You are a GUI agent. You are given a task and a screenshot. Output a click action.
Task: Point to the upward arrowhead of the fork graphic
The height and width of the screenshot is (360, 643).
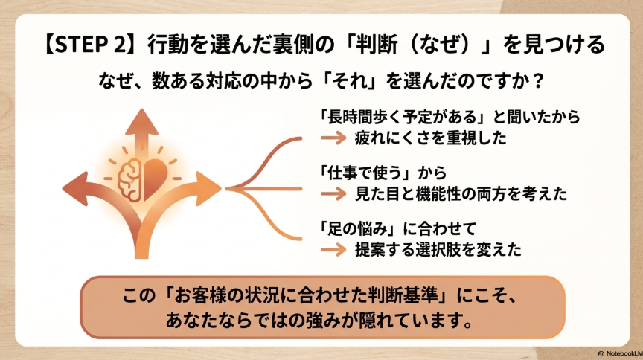141,122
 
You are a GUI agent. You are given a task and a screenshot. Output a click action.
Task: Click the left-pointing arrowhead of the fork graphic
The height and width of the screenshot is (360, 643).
75,189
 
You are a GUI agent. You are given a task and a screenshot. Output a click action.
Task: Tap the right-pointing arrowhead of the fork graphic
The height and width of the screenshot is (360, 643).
208,189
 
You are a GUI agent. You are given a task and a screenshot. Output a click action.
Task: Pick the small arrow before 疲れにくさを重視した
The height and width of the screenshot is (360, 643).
333,138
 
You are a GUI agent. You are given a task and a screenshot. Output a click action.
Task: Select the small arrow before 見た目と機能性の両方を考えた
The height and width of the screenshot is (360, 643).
333,193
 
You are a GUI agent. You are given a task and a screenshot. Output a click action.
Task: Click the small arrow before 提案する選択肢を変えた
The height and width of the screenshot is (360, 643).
333,249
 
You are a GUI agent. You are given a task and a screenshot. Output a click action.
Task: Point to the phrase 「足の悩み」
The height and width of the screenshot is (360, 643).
357,228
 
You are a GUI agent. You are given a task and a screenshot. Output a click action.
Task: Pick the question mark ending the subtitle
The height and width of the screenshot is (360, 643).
539,81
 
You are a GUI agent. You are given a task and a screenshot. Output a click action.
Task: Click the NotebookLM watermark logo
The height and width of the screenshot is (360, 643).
601,353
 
